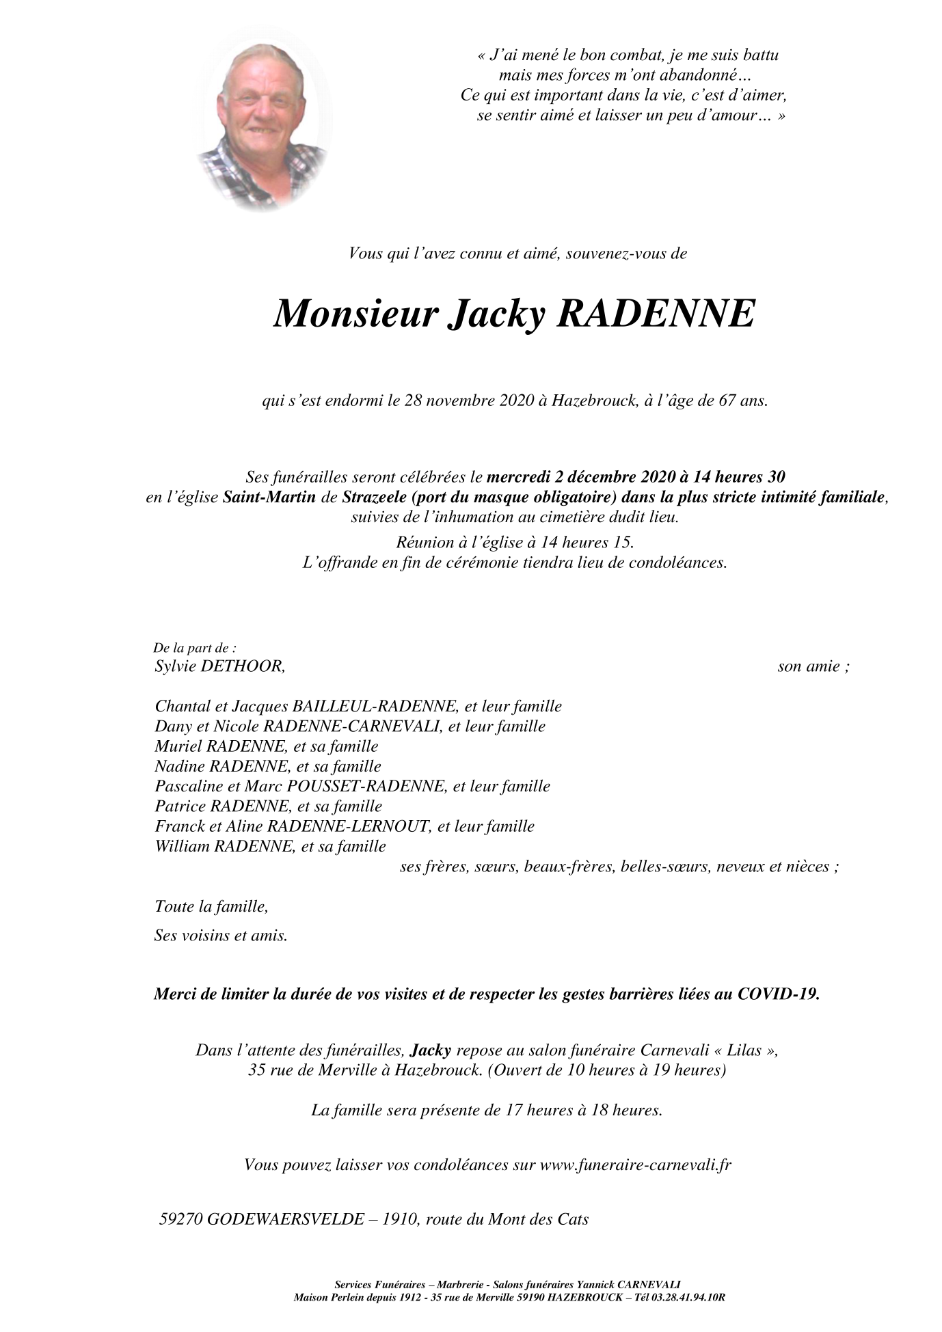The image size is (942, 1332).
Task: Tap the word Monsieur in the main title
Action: [x=355, y=314]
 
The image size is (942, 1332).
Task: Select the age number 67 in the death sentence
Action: [x=726, y=400]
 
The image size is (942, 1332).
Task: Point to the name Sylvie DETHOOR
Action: [x=219, y=666]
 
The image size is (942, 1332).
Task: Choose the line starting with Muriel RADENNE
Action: [x=267, y=746]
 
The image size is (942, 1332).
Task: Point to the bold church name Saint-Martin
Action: [x=269, y=497]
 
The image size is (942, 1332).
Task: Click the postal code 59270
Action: [x=178, y=1219]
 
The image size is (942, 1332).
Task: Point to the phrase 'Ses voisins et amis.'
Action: [x=221, y=935]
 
